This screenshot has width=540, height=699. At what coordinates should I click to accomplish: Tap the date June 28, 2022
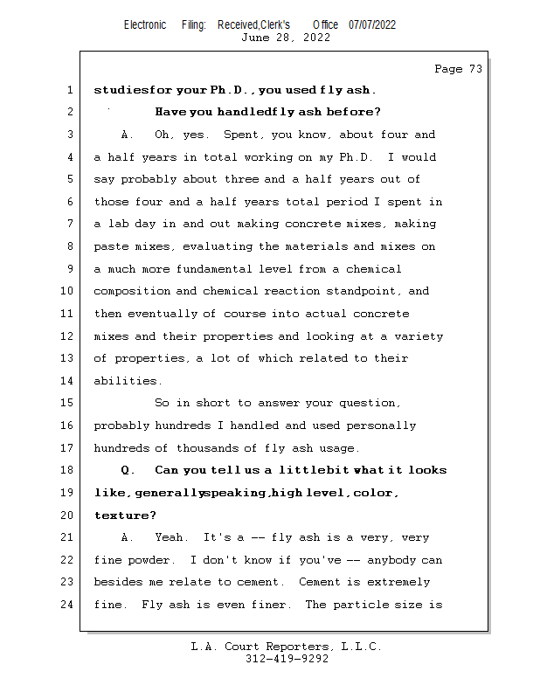(285, 38)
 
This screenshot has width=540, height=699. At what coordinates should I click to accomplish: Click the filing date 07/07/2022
(372, 24)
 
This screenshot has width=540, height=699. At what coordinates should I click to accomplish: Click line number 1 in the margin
(70, 90)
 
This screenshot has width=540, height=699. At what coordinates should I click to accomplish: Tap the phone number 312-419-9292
(287, 659)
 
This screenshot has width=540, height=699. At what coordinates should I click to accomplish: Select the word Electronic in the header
(145, 24)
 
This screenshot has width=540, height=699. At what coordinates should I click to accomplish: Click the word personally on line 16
(381, 426)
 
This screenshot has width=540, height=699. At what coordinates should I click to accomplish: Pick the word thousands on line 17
(210, 448)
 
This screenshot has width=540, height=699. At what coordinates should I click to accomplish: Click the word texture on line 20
(119, 516)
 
